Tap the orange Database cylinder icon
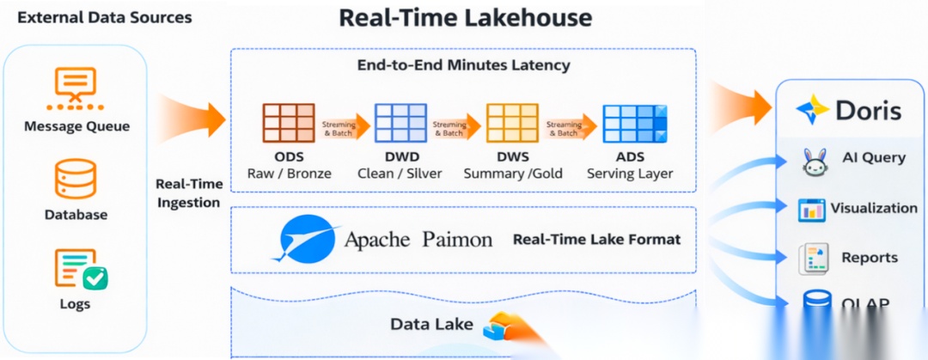76,179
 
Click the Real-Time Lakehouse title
466,18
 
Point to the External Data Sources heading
105,17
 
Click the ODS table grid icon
289,122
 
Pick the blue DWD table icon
400,122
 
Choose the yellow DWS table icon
512,122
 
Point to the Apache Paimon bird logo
304,238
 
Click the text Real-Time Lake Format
596,239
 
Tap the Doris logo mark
812,110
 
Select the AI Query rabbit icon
814,160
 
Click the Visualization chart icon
811,209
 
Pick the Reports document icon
812,258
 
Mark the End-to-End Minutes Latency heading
463,64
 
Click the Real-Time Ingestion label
189,193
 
